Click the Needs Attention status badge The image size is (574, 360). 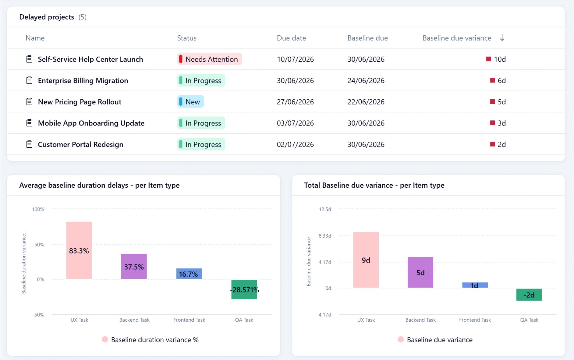pos(209,59)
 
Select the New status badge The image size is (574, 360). pos(190,102)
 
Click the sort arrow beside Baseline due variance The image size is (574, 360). pos(502,38)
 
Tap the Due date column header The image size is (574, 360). pos(291,38)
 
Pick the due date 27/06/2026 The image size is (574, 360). pos(295,102)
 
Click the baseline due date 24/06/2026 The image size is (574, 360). pos(366,81)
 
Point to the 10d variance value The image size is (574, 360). pos(500,59)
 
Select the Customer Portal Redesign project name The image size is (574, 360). pos(80,145)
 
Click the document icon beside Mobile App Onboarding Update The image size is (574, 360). pos(29,123)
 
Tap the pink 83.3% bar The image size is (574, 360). pos(79,250)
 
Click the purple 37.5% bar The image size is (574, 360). pos(134,266)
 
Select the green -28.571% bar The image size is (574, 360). pos(244,289)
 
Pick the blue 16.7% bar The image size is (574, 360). pos(189,274)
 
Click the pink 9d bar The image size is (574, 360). pos(366,260)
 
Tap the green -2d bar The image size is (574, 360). pos(529,295)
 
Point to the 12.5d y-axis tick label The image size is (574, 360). pos(325,209)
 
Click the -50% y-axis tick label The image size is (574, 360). pos(38,315)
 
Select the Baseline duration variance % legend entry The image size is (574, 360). pos(150,340)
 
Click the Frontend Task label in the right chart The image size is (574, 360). pos(475,320)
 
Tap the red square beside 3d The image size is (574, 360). pos(492,123)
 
